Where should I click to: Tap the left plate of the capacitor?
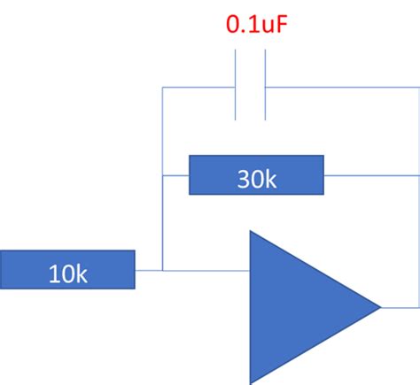coord(236,86)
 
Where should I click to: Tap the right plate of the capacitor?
coord(264,86)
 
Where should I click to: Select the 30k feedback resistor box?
coord(257,175)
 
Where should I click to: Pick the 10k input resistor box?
coord(67,270)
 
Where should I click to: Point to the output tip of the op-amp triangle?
coord(380,307)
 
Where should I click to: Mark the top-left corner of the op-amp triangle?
coord(251,232)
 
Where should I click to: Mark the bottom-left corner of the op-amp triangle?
coord(251,381)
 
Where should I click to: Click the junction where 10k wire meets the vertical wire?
coord(163,270)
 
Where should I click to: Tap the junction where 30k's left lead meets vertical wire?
coord(163,175)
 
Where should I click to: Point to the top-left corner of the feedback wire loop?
coord(163,88)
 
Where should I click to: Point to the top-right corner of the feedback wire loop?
coord(418,88)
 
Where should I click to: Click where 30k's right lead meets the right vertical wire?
coord(418,175)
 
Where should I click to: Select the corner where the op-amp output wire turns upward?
coord(418,307)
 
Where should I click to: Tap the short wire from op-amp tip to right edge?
coord(399,307)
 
